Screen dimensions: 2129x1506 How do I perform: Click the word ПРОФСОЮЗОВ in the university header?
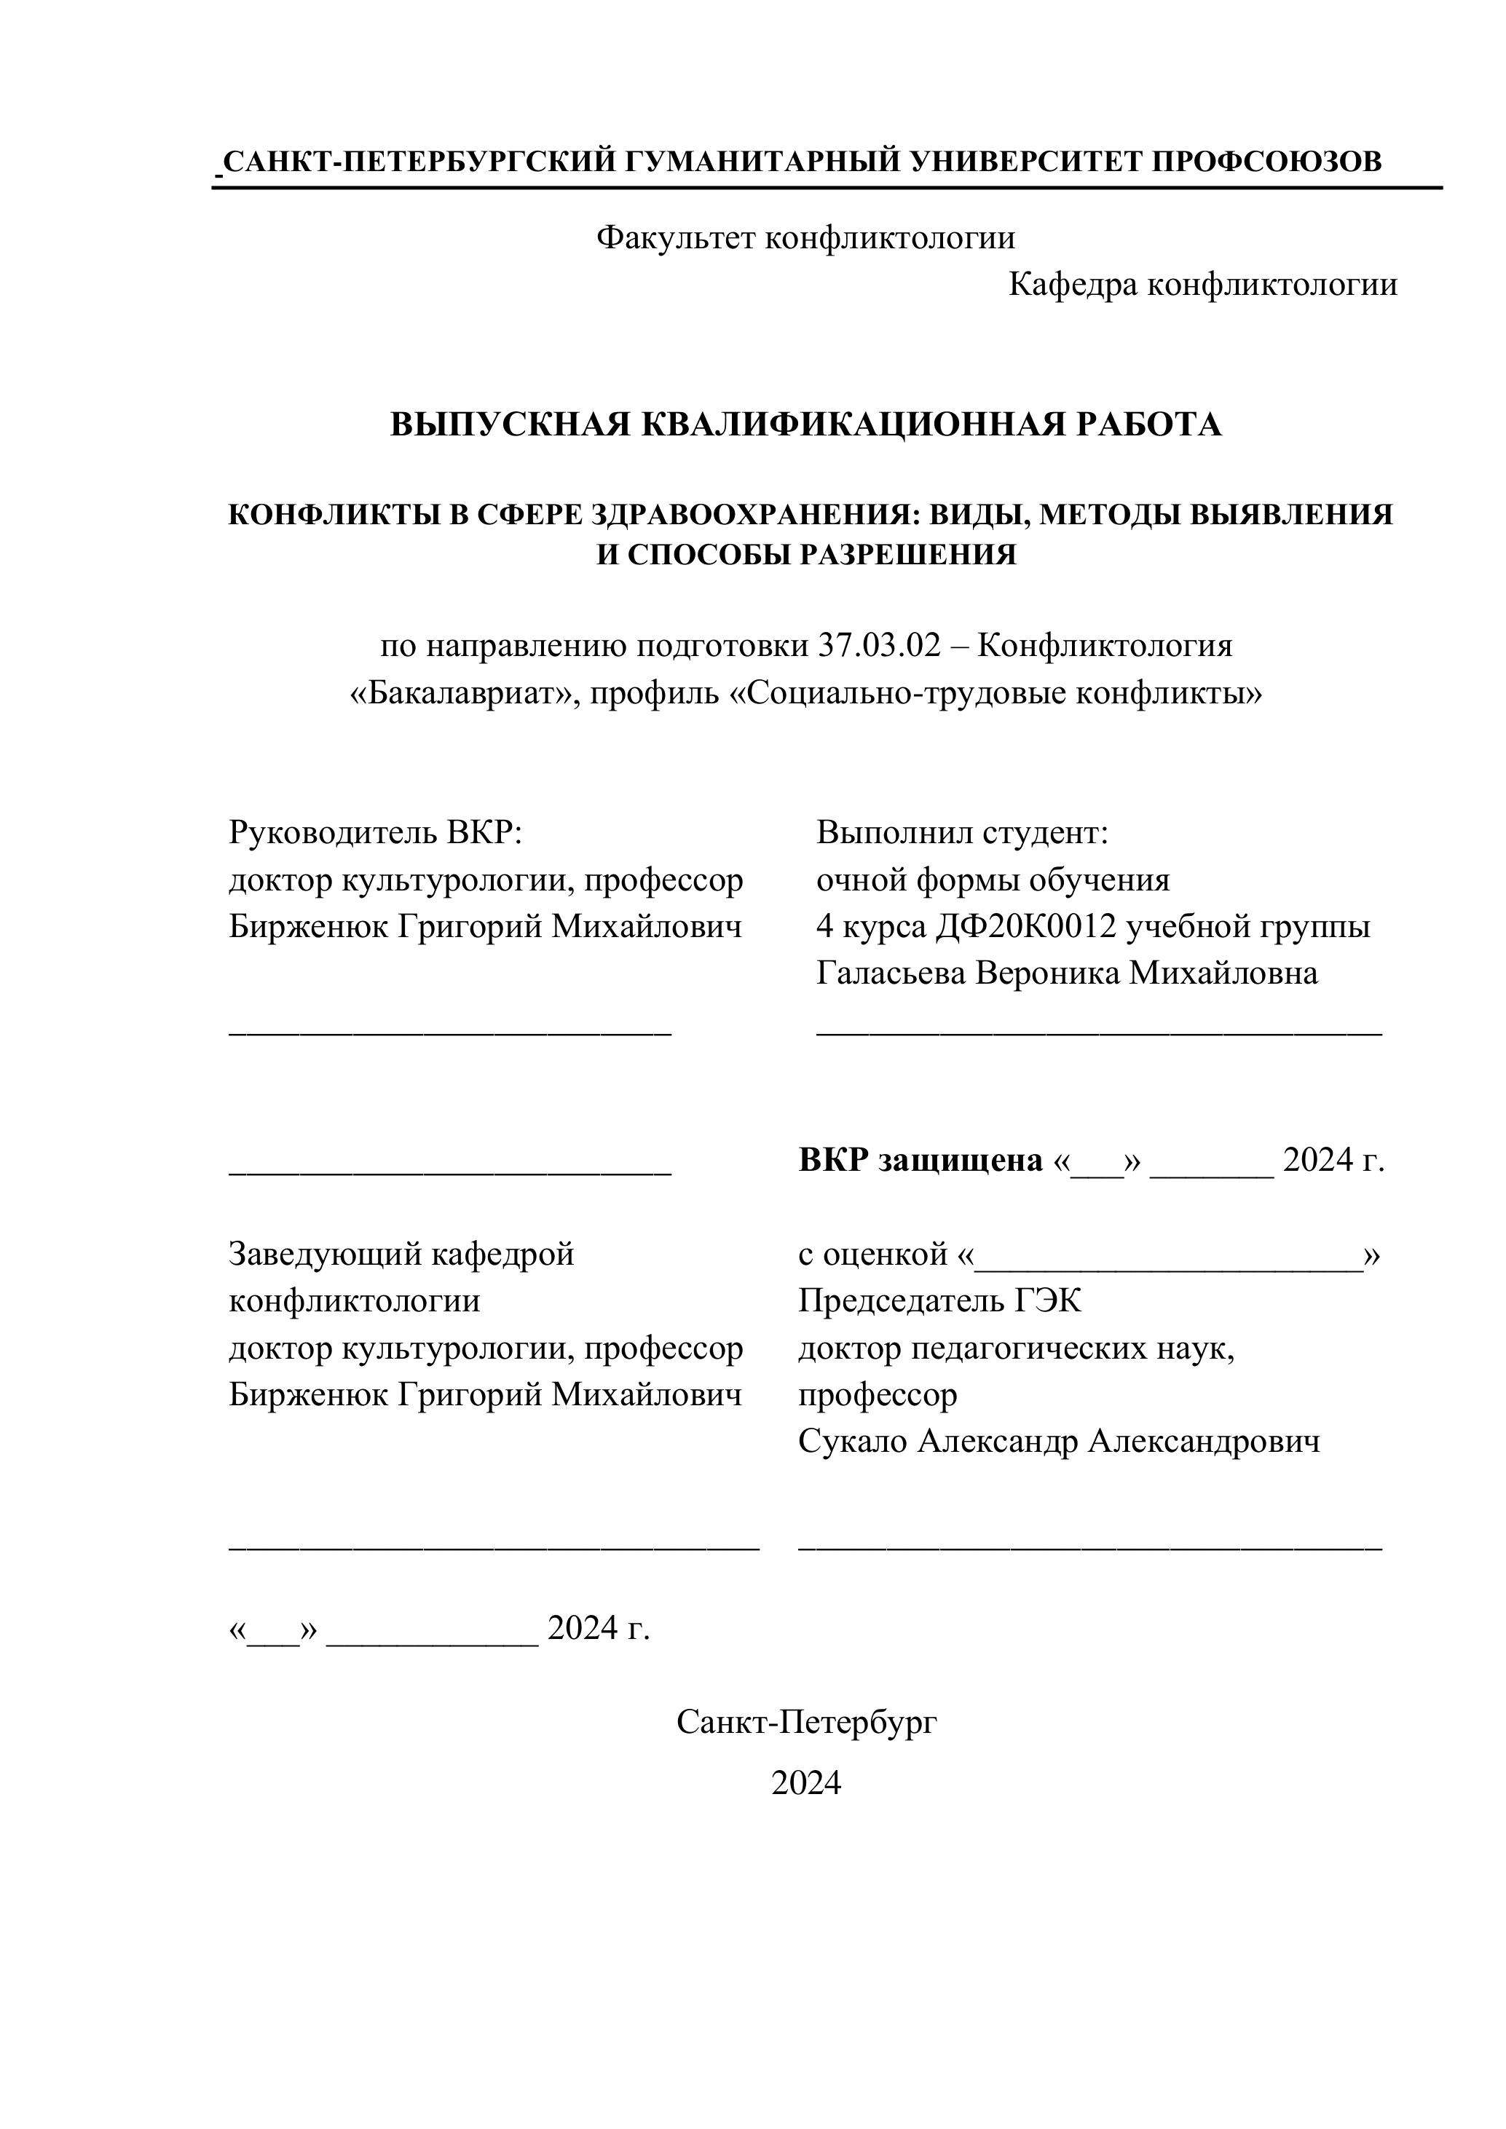click(1266, 162)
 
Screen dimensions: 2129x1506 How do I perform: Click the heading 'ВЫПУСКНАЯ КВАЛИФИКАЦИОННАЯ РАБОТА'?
click(805, 424)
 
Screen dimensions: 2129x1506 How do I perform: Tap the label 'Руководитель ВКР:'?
click(376, 833)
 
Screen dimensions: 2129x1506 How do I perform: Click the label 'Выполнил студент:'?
click(963, 833)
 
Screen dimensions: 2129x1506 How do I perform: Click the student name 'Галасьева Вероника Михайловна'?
click(1066, 973)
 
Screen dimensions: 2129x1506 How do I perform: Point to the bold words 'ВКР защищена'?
click(920, 1160)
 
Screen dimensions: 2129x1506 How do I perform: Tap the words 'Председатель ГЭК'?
click(939, 1301)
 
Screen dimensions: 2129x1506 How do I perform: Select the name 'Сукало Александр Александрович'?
click(1059, 1441)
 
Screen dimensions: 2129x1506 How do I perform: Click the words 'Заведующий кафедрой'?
click(401, 1255)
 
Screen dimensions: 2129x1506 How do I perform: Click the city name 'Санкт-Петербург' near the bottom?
click(807, 1723)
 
